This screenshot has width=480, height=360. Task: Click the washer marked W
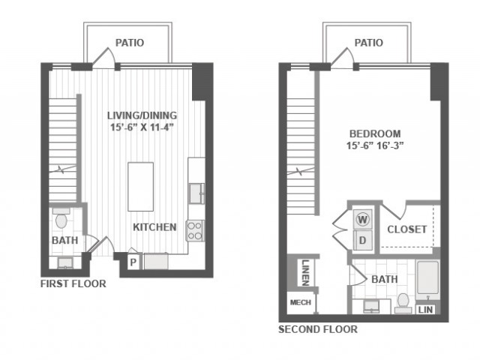click(363, 219)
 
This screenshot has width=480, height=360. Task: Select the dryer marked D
click(363, 240)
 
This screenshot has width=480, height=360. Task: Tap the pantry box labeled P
click(133, 262)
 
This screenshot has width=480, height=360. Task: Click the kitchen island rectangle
click(140, 187)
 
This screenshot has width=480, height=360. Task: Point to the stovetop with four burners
click(195, 231)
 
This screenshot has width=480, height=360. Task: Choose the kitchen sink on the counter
click(196, 193)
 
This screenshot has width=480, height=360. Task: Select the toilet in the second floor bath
click(403, 303)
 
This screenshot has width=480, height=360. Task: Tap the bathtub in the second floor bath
click(427, 279)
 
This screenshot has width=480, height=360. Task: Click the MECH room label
click(300, 302)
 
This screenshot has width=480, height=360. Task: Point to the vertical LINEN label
click(305, 272)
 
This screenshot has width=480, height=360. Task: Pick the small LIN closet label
click(425, 310)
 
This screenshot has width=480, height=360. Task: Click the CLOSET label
click(406, 229)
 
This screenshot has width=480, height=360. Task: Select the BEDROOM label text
click(375, 133)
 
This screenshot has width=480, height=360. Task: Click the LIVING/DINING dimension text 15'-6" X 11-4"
click(142, 127)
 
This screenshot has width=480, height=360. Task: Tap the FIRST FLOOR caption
click(73, 283)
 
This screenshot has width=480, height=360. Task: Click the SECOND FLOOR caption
click(318, 329)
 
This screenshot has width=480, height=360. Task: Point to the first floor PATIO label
click(130, 43)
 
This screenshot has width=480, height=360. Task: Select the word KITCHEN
click(154, 227)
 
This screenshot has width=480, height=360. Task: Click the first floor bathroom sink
click(65, 263)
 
